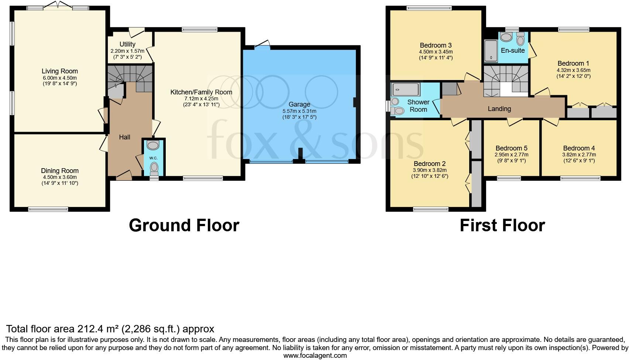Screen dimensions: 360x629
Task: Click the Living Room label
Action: [x=59, y=71]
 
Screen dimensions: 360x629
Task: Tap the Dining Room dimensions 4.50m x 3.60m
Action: [x=59, y=177]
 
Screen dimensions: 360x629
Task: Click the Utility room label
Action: [x=127, y=44]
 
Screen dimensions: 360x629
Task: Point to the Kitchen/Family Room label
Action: [x=201, y=92]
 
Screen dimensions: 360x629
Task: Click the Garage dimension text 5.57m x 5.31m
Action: [x=299, y=111]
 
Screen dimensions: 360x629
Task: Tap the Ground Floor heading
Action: [x=184, y=225]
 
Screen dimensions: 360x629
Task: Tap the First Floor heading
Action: [x=502, y=225]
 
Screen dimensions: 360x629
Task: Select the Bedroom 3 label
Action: [x=436, y=45]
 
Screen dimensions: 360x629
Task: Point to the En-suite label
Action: [x=513, y=51]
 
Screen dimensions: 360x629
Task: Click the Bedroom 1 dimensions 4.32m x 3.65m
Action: [x=573, y=70]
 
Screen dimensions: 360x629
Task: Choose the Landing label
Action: [x=499, y=109]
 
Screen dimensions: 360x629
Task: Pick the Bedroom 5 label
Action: [x=511, y=148]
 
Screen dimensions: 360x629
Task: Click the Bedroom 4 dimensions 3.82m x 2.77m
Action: [x=579, y=155]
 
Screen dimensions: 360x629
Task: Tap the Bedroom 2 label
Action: [x=429, y=164]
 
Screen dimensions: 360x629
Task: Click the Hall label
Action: [x=124, y=137]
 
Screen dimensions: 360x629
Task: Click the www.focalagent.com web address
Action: [x=315, y=356]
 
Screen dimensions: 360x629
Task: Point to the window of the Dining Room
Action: [x=48, y=209]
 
